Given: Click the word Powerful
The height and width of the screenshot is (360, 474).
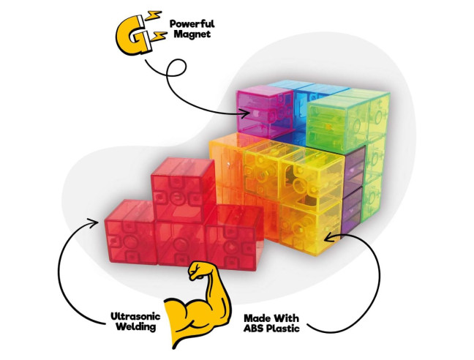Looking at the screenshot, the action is (x=192, y=24).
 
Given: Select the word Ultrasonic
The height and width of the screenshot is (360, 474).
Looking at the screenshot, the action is (x=135, y=317).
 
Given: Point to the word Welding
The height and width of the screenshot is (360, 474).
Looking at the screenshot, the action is (x=136, y=327).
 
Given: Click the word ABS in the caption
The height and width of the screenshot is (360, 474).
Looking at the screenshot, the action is (x=254, y=329).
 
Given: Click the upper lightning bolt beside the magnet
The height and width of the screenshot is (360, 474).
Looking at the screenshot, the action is (x=154, y=15).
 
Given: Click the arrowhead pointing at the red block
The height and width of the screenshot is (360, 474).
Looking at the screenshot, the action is (x=93, y=222).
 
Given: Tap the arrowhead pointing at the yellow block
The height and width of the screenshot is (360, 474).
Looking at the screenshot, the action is (x=330, y=238).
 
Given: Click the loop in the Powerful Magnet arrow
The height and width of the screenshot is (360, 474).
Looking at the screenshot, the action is (x=176, y=67).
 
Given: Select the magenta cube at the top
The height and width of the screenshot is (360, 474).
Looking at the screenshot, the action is (x=265, y=110).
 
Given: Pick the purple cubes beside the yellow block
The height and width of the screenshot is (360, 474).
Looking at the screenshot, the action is (x=353, y=190).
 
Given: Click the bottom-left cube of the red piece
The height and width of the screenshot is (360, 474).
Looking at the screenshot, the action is (x=131, y=231).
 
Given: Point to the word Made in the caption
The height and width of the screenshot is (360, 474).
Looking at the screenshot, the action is (x=256, y=318).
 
